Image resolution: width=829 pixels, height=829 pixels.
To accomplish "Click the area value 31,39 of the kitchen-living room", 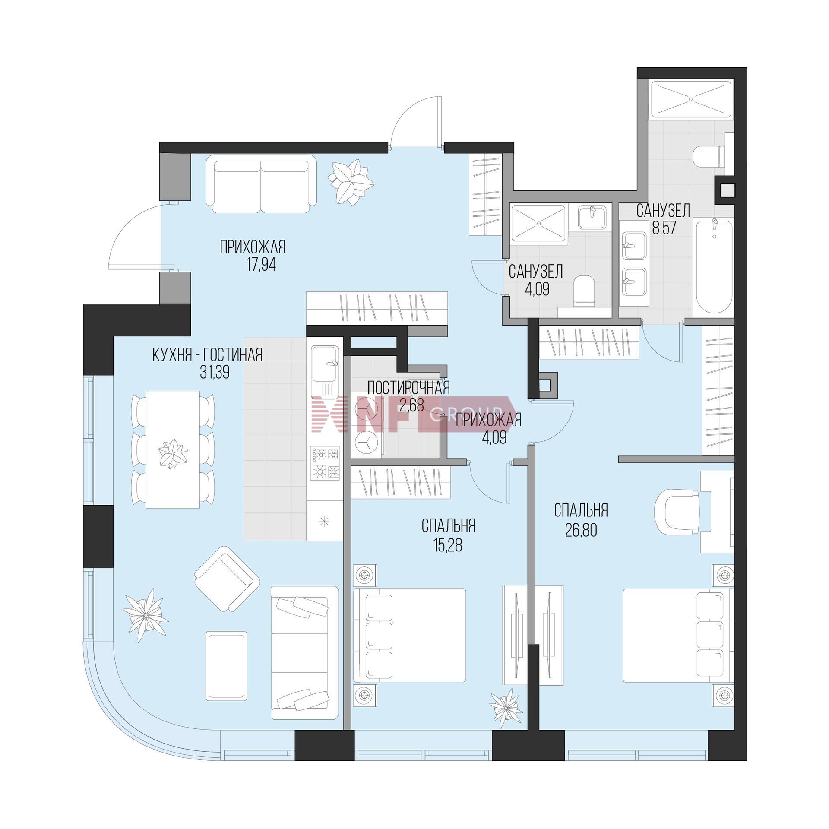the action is pos(215,373).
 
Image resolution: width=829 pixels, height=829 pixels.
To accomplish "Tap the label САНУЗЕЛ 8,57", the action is pos(663,219).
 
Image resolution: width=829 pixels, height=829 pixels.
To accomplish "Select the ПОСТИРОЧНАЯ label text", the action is pos(408,388).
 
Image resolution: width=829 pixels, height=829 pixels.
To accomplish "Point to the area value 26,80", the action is pos(581,530).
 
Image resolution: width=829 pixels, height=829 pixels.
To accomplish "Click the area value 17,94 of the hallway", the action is pos(261,264).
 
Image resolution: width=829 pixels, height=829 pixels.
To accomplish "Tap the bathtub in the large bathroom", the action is pos(713,268).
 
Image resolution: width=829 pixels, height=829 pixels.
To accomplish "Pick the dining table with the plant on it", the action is pos(173,449).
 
